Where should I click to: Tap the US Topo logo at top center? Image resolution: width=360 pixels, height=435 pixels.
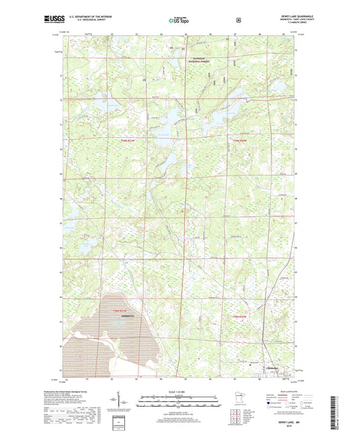coord(180,20)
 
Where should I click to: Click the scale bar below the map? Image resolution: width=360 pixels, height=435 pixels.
coord(179,405)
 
